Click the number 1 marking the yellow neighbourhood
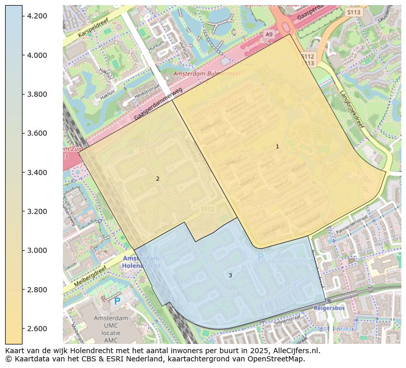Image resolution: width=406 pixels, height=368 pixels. pyautogui.click(x=277, y=146)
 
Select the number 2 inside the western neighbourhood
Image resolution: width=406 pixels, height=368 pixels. pyautogui.click(x=157, y=179)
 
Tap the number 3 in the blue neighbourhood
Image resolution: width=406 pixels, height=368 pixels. pyautogui.click(x=230, y=275)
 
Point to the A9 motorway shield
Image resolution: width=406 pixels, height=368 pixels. pyautogui.click(x=269, y=34)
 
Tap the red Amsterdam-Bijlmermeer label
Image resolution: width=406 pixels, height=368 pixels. pyautogui.click(x=207, y=74)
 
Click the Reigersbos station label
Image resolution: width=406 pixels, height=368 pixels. pyautogui.click(x=330, y=309)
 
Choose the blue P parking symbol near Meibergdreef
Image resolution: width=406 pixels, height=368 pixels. pyautogui.click(x=117, y=301)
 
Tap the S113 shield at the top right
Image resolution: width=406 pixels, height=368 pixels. pyautogui.click(x=353, y=12)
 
